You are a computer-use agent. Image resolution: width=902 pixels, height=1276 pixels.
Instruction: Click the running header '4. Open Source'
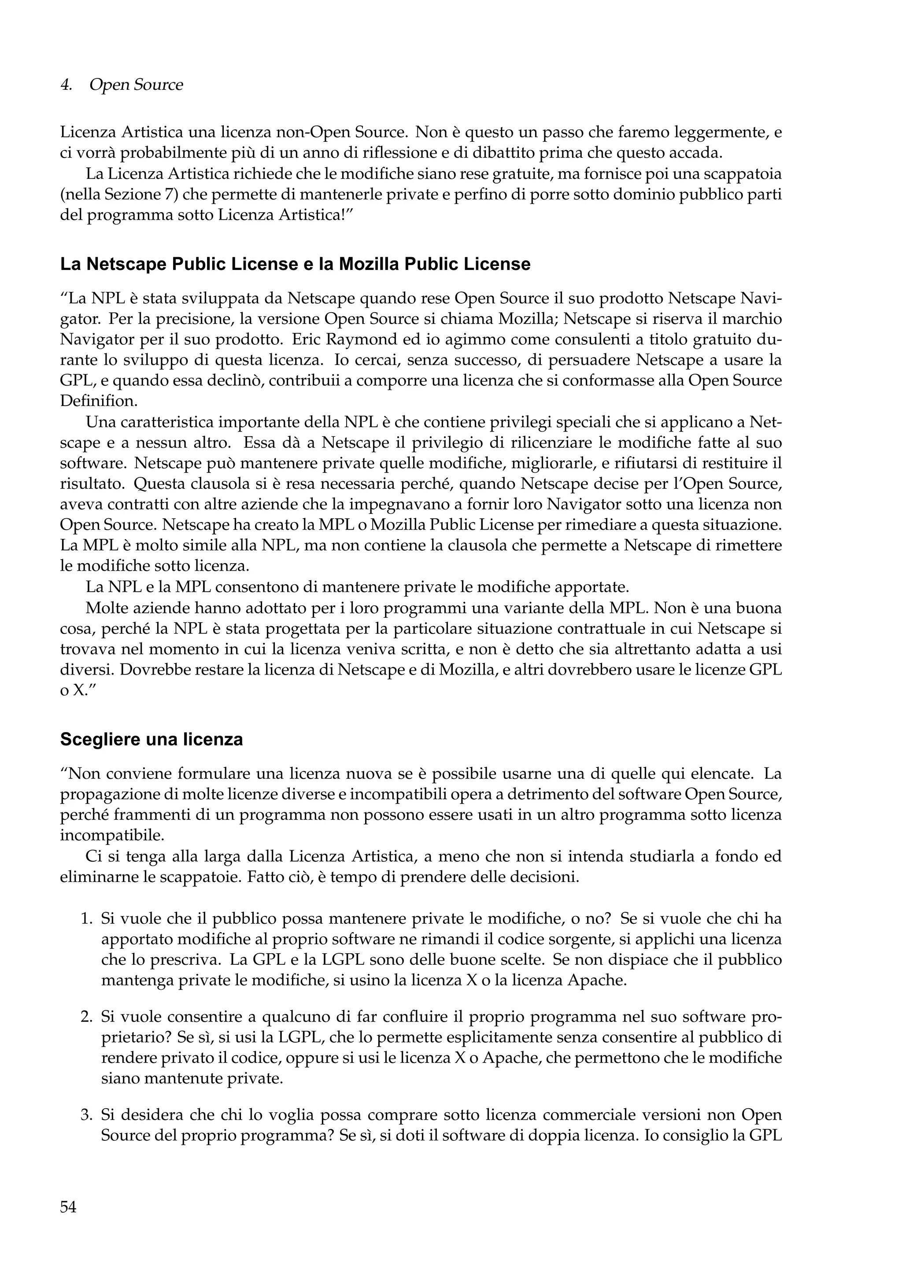click(x=121, y=85)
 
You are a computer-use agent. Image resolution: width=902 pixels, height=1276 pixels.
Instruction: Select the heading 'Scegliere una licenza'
click(x=151, y=740)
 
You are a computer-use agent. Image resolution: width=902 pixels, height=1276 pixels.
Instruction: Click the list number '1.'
click(x=86, y=918)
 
